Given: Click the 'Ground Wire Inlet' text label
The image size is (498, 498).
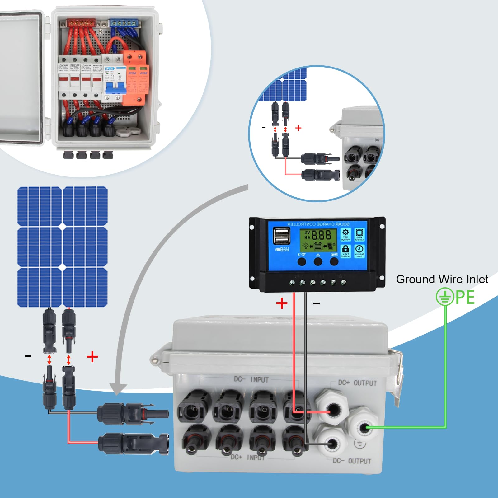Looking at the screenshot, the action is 442,279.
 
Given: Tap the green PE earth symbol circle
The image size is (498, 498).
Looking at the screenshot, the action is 445,297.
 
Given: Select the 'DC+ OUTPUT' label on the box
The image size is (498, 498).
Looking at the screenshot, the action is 357,383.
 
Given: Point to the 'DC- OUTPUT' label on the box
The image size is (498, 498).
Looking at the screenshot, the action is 352,461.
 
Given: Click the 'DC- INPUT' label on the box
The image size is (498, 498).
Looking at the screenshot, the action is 251,379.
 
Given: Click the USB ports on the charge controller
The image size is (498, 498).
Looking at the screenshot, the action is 281,236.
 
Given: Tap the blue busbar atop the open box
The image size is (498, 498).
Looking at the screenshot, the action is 124,23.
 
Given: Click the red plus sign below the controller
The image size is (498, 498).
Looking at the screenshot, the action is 282,303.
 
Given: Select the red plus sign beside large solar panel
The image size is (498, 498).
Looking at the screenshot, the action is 92,357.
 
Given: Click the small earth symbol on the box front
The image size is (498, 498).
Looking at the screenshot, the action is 360,444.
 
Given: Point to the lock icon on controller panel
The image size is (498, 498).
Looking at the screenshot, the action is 345,249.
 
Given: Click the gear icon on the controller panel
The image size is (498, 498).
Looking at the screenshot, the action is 345,232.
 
